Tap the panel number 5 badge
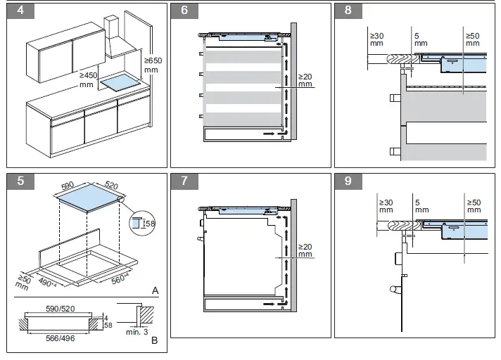coord(20,181)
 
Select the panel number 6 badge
coord(184,11)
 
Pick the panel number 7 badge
coord(184,181)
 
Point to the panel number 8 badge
coord(348,11)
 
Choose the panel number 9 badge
coord(348,181)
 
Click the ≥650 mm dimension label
coord(152,65)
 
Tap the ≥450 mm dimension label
coord(87,79)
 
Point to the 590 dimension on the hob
coord(68,186)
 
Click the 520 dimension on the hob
coord(110,186)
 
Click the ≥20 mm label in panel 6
coord(305,80)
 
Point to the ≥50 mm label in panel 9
coord(473,206)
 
